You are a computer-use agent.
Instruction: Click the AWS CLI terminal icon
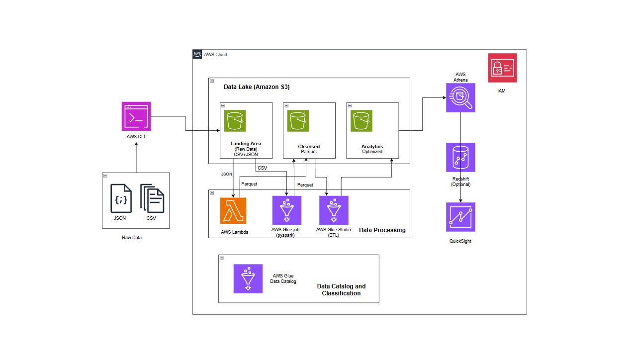(x=136, y=116)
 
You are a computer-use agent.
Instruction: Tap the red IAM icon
(x=502, y=68)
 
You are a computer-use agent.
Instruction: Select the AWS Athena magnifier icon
(x=460, y=97)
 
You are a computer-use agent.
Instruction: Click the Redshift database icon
(x=460, y=157)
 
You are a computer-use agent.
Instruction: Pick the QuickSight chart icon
(x=460, y=217)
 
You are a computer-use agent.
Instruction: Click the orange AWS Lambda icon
(x=233, y=210)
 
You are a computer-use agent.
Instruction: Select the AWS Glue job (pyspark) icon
(x=287, y=210)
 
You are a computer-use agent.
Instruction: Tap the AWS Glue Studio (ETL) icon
(x=334, y=210)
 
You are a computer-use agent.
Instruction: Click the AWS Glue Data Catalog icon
(x=248, y=278)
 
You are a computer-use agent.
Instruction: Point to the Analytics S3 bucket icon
(x=361, y=121)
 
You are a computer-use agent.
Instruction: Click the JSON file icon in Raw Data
(x=121, y=198)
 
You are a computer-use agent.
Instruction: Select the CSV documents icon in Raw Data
(x=152, y=198)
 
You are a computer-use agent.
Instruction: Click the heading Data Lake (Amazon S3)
(x=257, y=87)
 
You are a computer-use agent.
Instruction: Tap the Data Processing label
(x=382, y=230)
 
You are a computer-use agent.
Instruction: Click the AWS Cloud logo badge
(x=197, y=54)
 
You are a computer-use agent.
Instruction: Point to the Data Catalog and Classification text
(x=341, y=290)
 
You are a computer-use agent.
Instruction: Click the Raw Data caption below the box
(x=132, y=238)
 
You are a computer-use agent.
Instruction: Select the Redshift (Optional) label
(x=460, y=181)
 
